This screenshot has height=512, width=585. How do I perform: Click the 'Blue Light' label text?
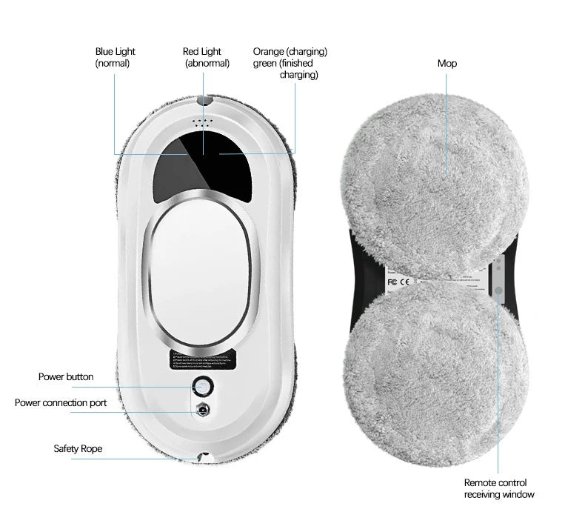pos(116,52)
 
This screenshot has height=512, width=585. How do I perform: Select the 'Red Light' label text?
pos(202,52)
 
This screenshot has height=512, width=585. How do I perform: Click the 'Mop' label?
pos(447,64)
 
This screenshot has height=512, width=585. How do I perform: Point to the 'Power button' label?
pos(66,377)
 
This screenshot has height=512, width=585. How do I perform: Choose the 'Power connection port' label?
pos(61,403)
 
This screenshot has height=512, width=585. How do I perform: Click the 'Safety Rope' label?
pos(78,449)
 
